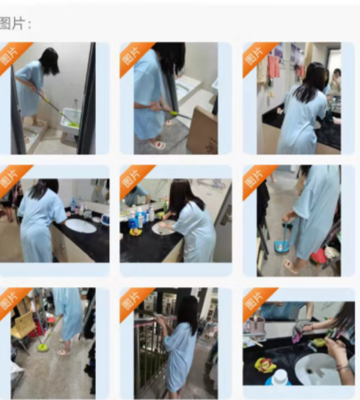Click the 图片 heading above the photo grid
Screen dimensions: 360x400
click(x=15, y=23)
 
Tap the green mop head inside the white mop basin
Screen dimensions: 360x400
click(x=72, y=124)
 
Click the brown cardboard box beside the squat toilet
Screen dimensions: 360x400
click(x=202, y=130)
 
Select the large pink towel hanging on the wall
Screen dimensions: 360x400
click(x=274, y=66)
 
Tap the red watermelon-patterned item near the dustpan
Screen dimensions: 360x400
click(x=318, y=258)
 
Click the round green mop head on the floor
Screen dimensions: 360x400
click(x=43, y=347)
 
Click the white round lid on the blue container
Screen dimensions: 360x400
click(x=280, y=376)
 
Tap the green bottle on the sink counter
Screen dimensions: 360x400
click(x=166, y=207)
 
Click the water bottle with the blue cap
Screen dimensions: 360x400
click(x=73, y=205)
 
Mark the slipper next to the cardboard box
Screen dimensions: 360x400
click(x=158, y=144)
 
